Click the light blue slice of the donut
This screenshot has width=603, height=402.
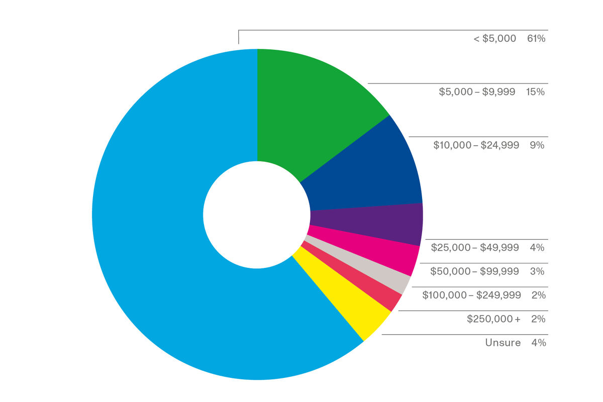coord(151,226)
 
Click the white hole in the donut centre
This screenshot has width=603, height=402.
coord(257,214)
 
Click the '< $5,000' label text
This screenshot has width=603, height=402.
coord(494,39)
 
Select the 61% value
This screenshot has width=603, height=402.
coord(536,39)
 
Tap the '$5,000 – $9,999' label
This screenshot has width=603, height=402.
coord(477,92)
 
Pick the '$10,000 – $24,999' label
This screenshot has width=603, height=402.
coord(476,145)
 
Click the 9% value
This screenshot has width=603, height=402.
coord(537,145)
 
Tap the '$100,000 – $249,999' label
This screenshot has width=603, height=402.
coord(471,295)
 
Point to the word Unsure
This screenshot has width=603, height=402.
coord(503,343)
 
